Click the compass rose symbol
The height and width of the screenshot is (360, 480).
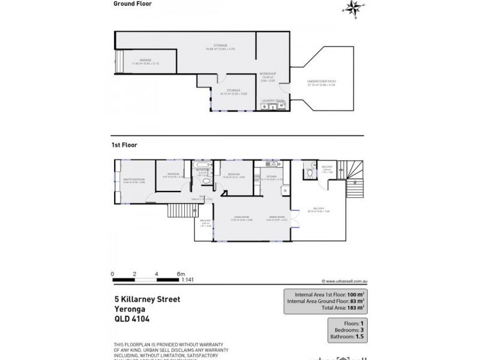(x=351, y=8)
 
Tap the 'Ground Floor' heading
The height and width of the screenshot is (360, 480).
(x=132, y=4)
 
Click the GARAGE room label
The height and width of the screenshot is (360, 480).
(x=145, y=60)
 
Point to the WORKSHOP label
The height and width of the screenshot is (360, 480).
(x=267, y=74)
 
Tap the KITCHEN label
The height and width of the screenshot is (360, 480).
(x=267, y=176)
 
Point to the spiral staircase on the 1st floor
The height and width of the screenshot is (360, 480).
(x=346, y=172)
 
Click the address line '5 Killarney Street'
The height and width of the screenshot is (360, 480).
(x=147, y=298)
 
